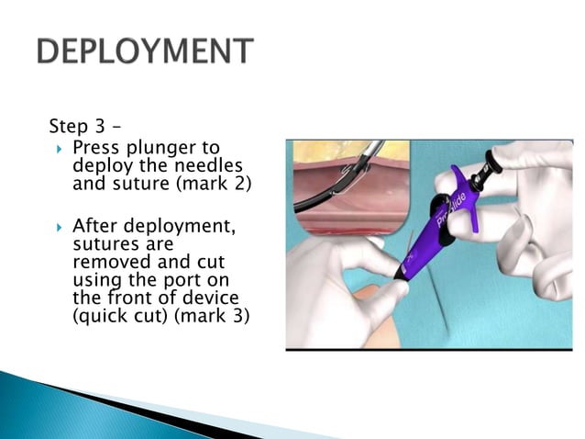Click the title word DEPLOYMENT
pyautogui.click(x=144, y=51)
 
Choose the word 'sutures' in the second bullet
pyautogui.click(x=102, y=243)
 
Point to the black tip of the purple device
pyautogui.click(x=402, y=275)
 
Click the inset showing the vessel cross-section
pyautogui.click(x=348, y=188)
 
